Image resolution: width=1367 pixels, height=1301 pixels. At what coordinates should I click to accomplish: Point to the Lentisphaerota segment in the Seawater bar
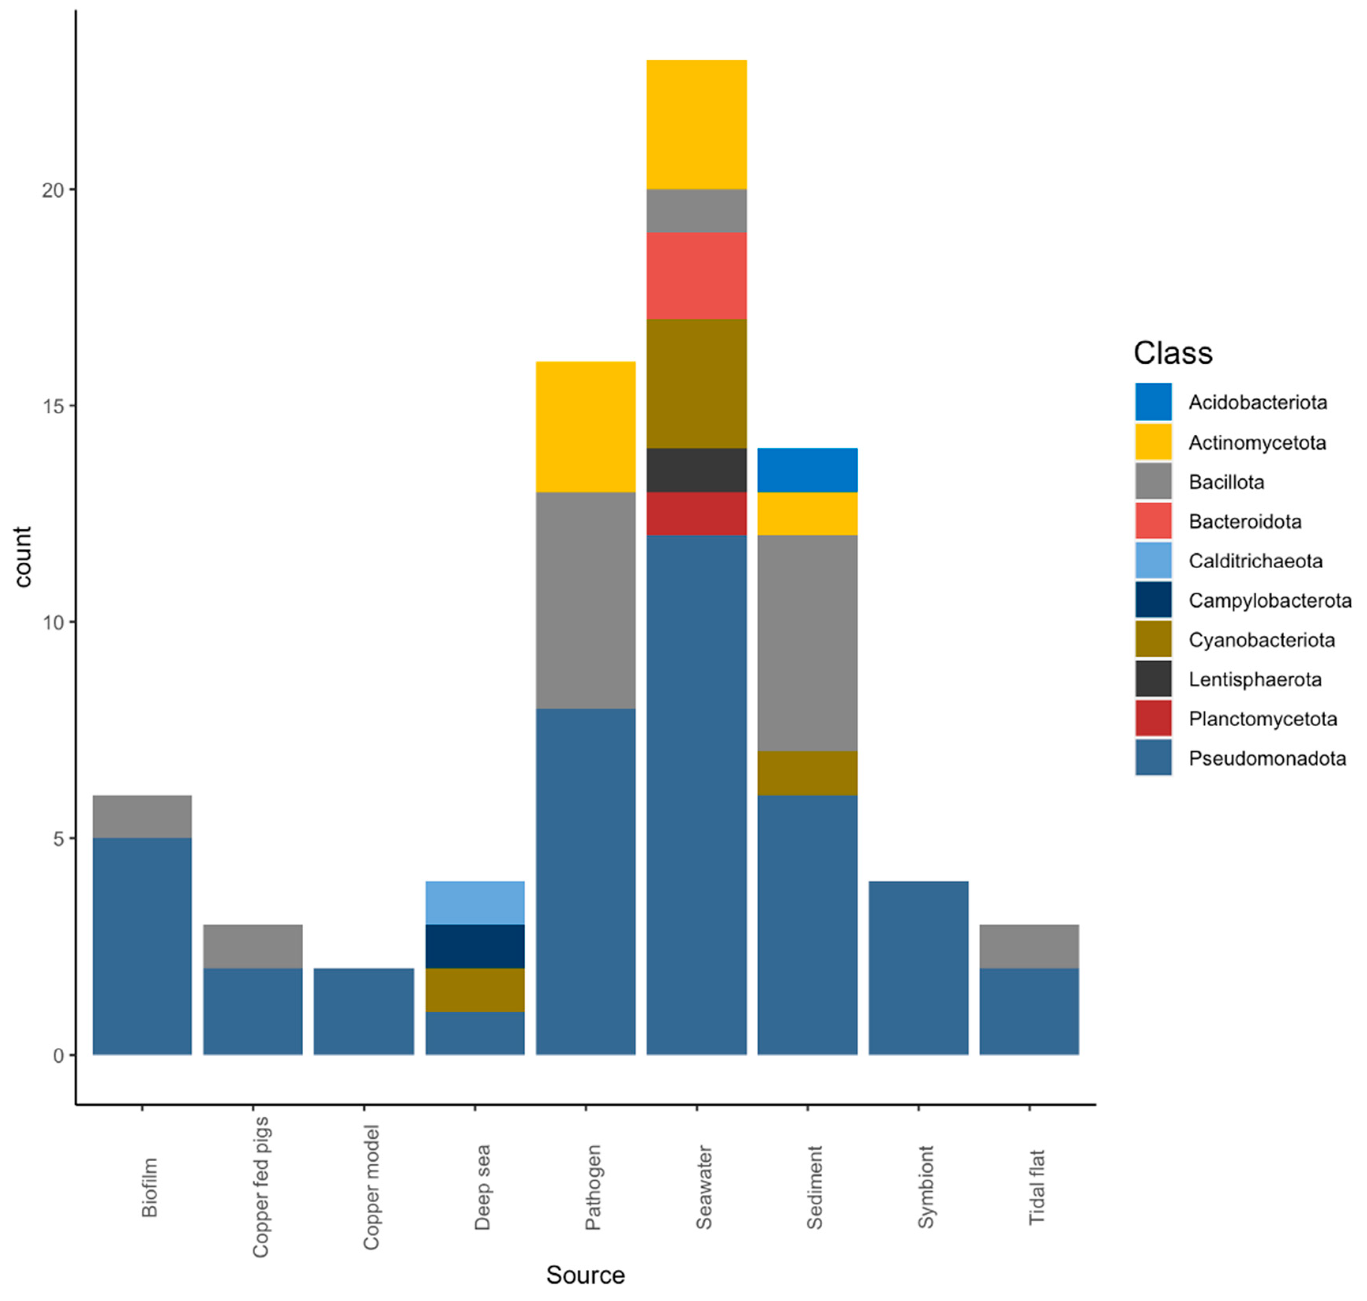coord(696,470)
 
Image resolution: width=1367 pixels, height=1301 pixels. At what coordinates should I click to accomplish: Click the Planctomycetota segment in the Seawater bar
coord(696,513)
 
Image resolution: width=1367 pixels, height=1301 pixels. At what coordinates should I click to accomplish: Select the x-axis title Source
coord(585,1275)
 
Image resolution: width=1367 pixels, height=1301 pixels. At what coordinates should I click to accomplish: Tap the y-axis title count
coord(23,557)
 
